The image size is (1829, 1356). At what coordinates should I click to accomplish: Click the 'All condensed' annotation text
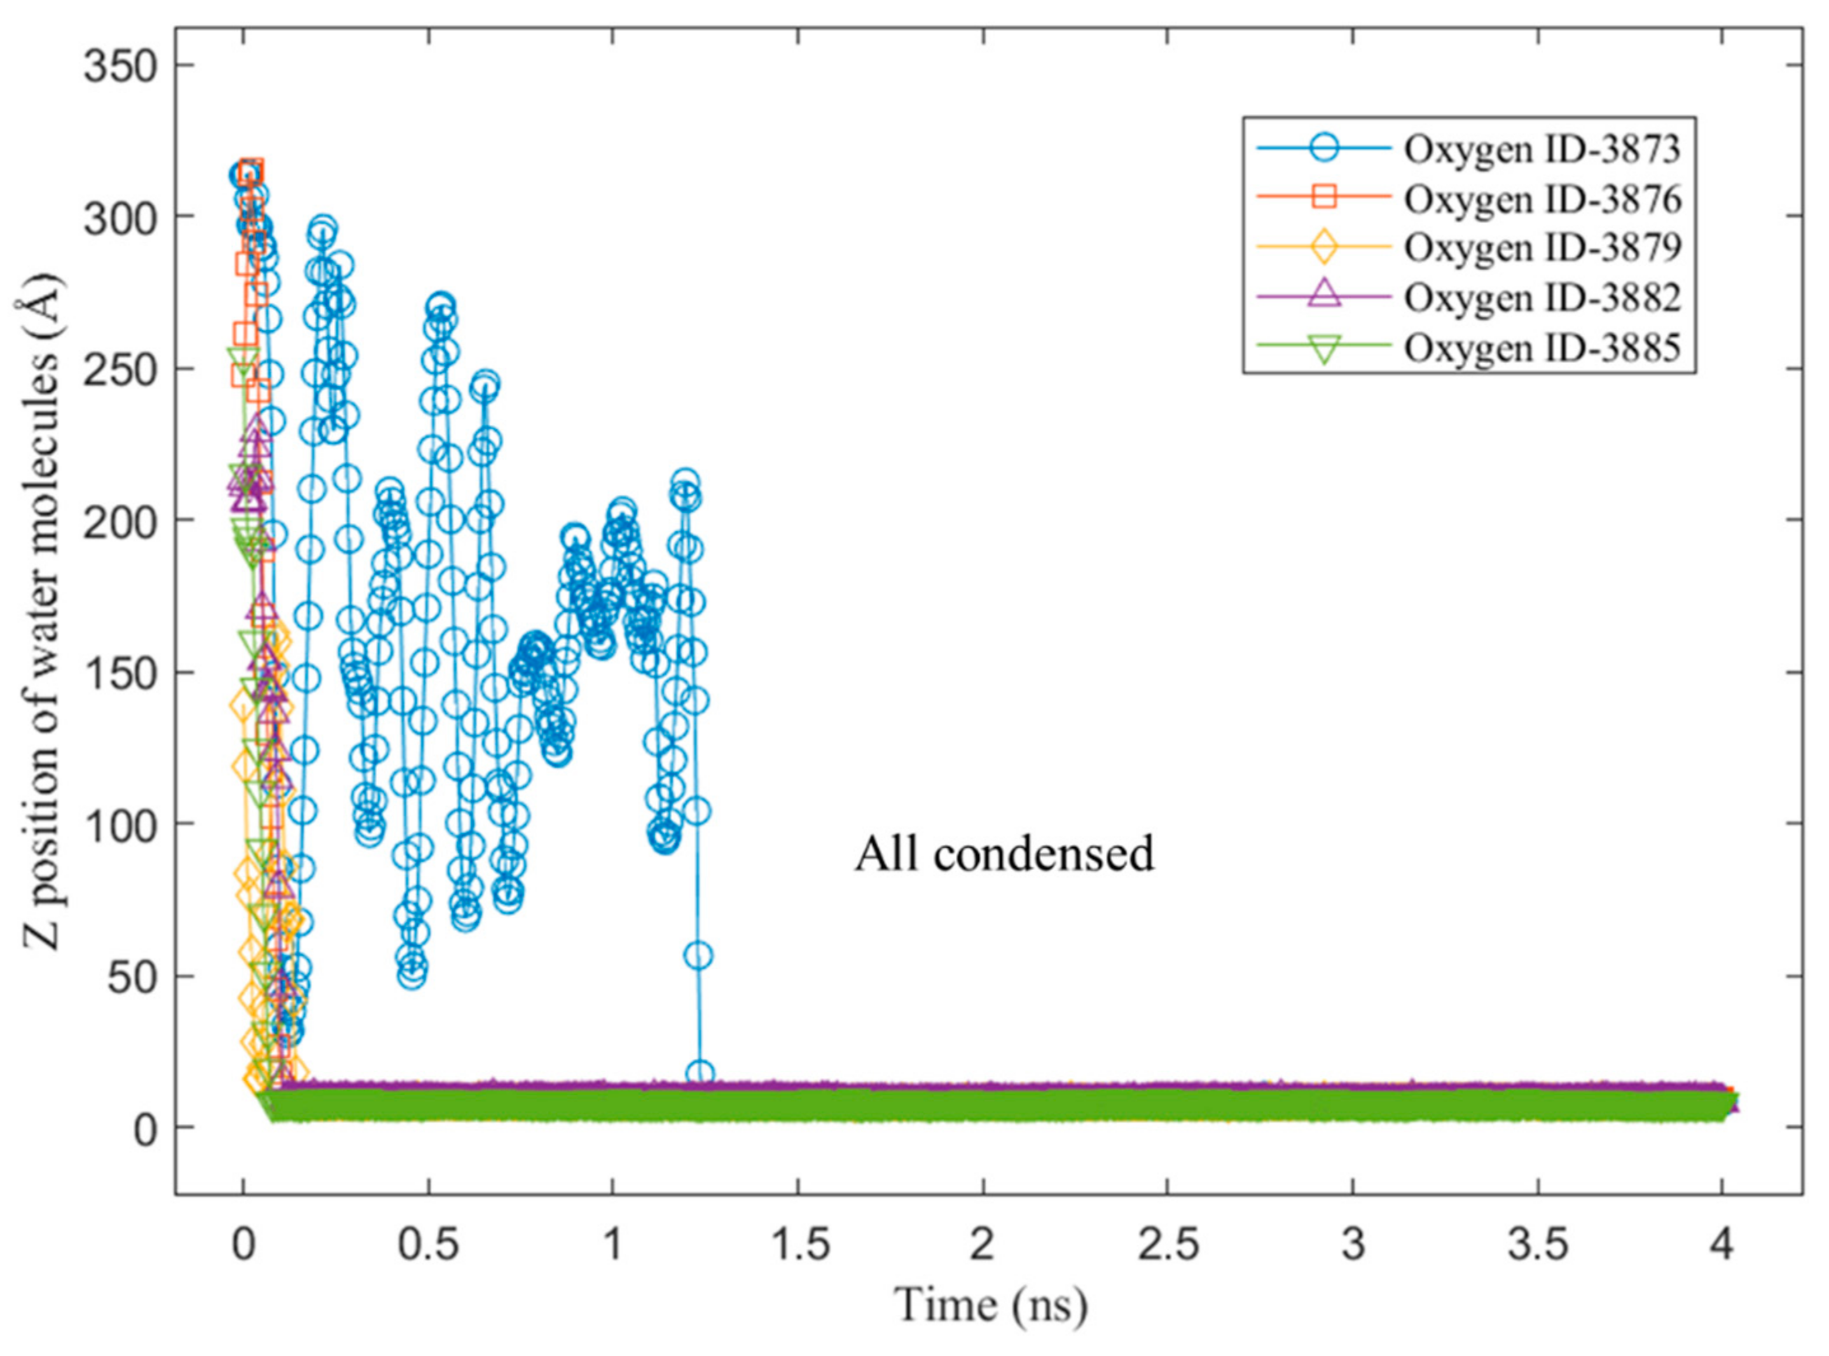tap(1004, 854)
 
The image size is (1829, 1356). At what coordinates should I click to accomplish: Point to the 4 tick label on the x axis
tap(1721, 1246)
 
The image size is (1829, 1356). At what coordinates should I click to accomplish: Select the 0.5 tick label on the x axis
tap(427, 1246)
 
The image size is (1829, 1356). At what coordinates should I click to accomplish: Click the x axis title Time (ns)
tap(991, 1304)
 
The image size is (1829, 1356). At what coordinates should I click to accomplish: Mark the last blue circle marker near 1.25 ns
tap(700, 1073)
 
